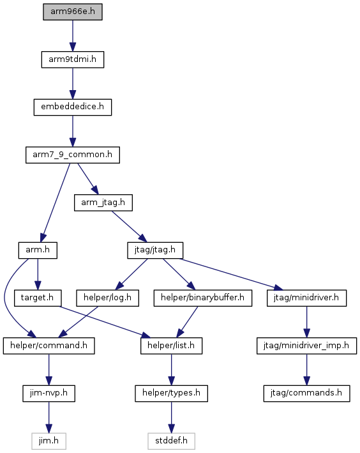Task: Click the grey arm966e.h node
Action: pyautogui.click(x=73, y=12)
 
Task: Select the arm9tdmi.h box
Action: pyautogui.click(x=73, y=59)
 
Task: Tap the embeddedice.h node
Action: pyautogui.click(x=73, y=107)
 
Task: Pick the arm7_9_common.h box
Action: pyautogui.click(x=73, y=155)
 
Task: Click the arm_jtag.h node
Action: pyautogui.click(x=103, y=203)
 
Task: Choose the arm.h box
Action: pyautogui.click(x=38, y=250)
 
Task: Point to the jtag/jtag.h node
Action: pyautogui.click(x=155, y=250)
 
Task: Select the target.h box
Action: pyautogui.click(x=38, y=298)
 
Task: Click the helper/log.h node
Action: pyautogui.click(x=107, y=298)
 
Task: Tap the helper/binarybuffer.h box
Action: pyautogui.click(x=203, y=298)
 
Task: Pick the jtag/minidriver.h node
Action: pyautogui.click(x=306, y=298)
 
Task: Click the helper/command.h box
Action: pyautogui.click(x=49, y=346)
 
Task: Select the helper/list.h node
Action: pyautogui.click(x=171, y=346)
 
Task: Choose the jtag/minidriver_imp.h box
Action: pyautogui.click(x=306, y=346)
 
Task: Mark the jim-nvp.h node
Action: pyautogui.click(x=49, y=393)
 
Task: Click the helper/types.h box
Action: pyautogui.click(x=171, y=393)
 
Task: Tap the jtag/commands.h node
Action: pyautogui.click(x=306, y=393)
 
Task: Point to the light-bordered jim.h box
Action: pyautogui.click(x=49, y=441)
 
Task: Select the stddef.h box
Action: pyautogui.click(x=171, y=441)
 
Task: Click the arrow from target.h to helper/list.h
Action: pyautogui.click(x=105, y=321)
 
